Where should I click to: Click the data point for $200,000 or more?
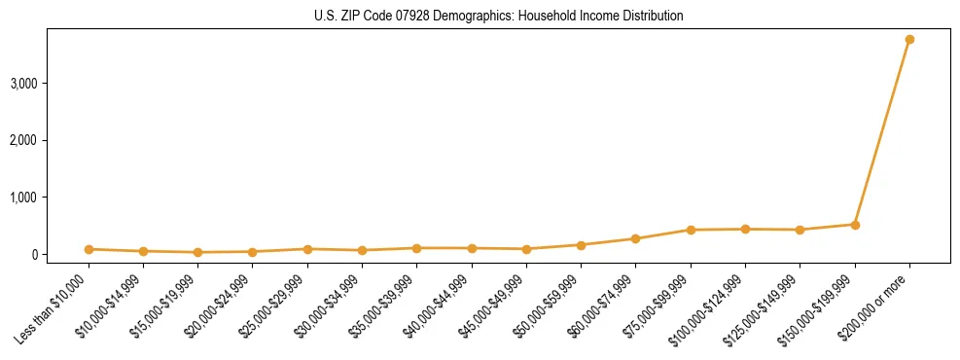coord(909,40)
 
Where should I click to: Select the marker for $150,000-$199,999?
coord(855,225)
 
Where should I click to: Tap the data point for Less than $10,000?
coord(89,249)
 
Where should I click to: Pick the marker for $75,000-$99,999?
coord(691,230)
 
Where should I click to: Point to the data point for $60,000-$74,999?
coord(635,238)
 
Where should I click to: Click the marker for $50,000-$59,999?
coord(581,245)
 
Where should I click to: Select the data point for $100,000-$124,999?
coord(745,229)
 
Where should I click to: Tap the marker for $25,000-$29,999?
coord(307,249)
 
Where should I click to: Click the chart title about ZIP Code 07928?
coord(498,16)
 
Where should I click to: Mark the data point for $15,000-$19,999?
coord(197,252)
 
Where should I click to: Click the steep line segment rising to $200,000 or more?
coord(882,132)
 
